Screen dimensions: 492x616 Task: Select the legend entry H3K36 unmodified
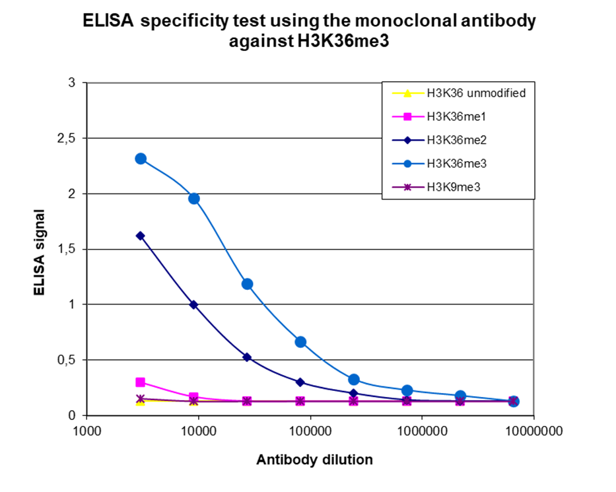coord(475,93)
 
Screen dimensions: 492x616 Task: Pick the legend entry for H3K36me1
coord(452,117)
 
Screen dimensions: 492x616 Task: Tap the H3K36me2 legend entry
coord(452,140)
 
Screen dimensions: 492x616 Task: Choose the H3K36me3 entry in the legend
coord(452,164)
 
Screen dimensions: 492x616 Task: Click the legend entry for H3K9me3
coord(452,187)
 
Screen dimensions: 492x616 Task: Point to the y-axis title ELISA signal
coord(40,252)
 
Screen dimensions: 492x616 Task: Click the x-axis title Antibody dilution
coord(314,460)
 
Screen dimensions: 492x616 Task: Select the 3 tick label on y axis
coord(73,83)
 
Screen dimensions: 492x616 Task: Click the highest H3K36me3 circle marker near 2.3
coord(141,158)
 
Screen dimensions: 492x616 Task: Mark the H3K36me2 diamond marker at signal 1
coord(193,304)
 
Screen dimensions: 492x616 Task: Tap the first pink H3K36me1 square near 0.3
coord(140,382)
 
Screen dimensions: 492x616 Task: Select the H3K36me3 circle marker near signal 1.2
coord(247,284)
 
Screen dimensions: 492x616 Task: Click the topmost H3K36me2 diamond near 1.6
coord(140,236)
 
